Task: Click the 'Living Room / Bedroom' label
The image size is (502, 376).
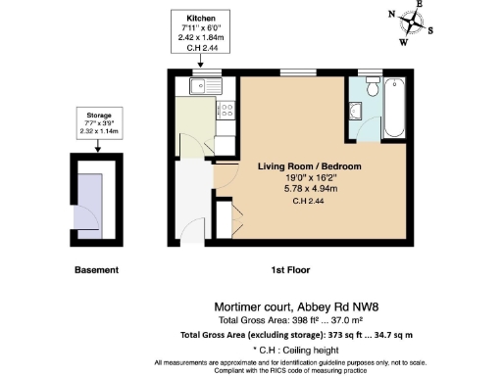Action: click(x=309, y=167)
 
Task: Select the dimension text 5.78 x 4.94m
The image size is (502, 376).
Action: click(x=309, y=188)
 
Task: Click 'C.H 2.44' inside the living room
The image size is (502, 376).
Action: click(x=309, y=202)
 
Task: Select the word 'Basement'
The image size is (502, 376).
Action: click(x=96, y=269)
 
